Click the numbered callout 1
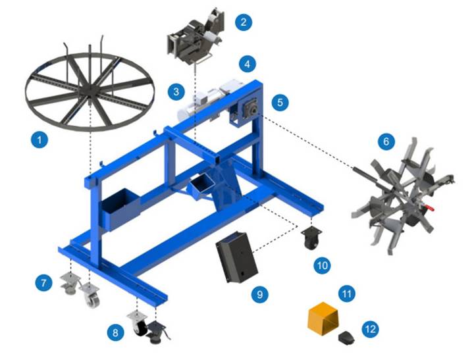(x=40, y=140)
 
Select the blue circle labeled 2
(x=243, y=22)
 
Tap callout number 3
(x=175, y=91)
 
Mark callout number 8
(x=116, y=332)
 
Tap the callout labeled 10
(x=322, y=265)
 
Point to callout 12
(x=369, y=327)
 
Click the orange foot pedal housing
(x=322, y=318)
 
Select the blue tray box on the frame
(x=118, y=210)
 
